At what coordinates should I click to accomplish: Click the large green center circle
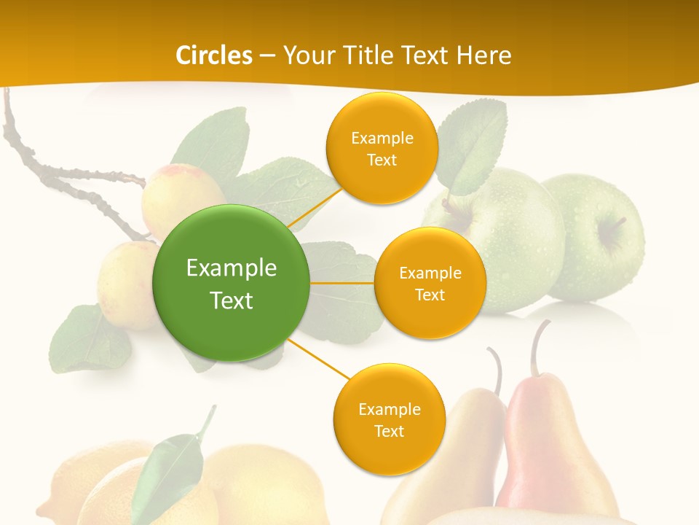point(232,283)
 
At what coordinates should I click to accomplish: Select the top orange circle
point(382,148)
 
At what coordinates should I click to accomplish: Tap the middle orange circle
point(430,283)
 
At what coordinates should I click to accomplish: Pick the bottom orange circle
point(389,419)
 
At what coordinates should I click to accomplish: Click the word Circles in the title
point(214,55)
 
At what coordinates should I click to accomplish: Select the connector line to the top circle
point(314,206)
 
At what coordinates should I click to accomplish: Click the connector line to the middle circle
point(342,283)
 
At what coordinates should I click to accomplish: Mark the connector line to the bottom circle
point(317,359)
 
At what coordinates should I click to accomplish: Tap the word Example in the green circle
point(232,268)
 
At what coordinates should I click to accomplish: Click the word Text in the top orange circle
point(382,160)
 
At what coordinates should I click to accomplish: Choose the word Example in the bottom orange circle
point(389,409)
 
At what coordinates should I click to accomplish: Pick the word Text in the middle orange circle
point(430,295)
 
